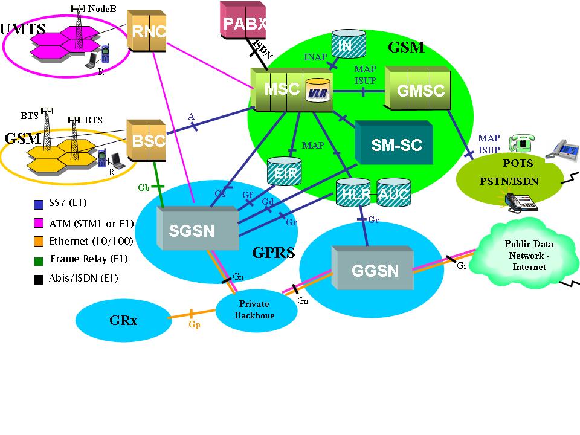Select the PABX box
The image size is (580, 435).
coord(243,23)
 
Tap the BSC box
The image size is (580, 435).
coord(147,141)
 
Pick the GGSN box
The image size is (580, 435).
coord(375,269)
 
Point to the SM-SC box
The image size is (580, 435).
coord(395,144)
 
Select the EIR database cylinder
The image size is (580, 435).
coord(284,171)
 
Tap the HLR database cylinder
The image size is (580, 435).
coord(352,193)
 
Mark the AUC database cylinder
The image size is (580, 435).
coord(393,193)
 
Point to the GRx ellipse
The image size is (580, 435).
coord(123,320)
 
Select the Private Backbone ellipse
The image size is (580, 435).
coord(257,309)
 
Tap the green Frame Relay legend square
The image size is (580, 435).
coord(39,259)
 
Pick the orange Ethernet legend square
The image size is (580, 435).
coord(39,241)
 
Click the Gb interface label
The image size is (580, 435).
coord(143,188)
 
